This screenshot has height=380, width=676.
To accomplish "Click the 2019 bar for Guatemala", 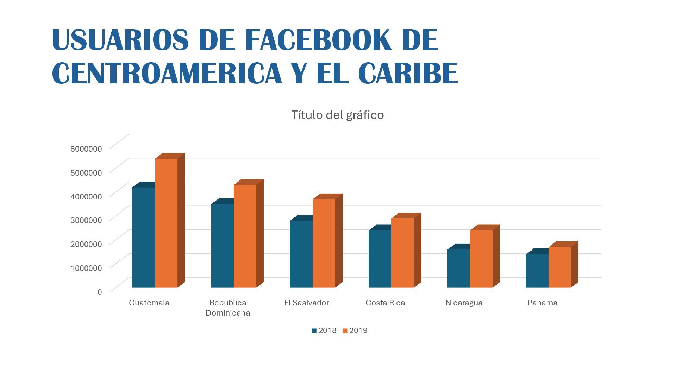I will coord(166,223).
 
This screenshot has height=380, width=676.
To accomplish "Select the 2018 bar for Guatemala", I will coord(144,237).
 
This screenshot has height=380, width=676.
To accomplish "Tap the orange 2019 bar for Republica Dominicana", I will coord(245,236).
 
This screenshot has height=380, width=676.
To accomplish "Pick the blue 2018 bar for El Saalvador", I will coord(301,254).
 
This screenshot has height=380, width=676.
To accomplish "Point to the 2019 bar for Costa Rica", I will coord(402,253).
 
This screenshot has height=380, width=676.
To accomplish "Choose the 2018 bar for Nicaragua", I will coord(458,268).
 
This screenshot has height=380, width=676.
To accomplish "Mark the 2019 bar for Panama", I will coord(559,267).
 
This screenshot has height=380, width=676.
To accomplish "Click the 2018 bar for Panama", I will coord(537,271).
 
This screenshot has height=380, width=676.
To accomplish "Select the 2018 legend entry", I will coord(324,331).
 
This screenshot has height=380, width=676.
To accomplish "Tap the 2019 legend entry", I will coord(355,331).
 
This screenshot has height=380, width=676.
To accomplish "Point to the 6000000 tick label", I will coord(86,148).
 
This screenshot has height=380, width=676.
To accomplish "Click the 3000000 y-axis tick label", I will coord(86,220).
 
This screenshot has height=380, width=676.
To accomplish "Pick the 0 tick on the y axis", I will coord(100,292).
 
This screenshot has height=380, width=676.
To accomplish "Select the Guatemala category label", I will coord(149,303).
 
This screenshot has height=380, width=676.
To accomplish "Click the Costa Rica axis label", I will coord(385,303).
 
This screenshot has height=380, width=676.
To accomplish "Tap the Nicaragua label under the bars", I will coord(464,303).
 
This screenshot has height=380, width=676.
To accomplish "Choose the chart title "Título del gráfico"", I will coord(337,115).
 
